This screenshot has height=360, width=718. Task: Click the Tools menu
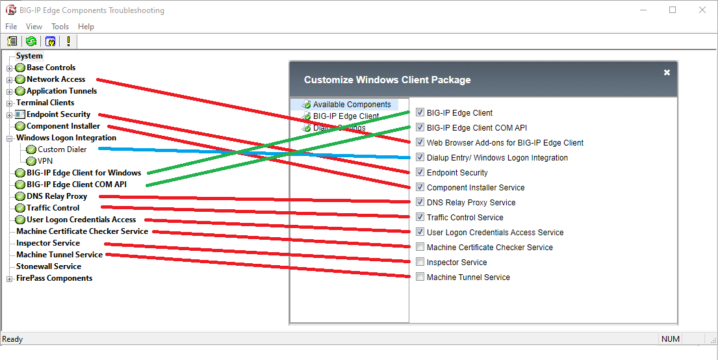coord(60,27)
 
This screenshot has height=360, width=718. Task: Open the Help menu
coord(86,27)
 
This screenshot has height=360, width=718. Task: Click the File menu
coord(11,27)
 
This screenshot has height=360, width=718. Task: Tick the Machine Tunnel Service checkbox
coord(420,277)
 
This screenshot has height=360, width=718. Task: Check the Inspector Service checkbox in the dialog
coord(420,263)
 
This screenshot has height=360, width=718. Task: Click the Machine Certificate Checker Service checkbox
coord(420,248)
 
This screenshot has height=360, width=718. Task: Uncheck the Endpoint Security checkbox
coord(420,173)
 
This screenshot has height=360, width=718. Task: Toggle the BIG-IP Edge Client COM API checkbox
coord(420,128)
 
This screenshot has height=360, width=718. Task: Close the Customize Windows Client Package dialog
coord(667,73)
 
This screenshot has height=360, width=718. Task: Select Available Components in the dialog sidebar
coord(352,105)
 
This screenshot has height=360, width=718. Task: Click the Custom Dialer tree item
coord(62,149)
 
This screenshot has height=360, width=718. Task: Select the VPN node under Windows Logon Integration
coord(45,161)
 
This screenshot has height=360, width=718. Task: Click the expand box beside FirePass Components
coord(10,279)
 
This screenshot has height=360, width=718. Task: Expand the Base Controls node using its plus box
coord(10,68)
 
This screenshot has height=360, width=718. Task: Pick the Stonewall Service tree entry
coord(49,266)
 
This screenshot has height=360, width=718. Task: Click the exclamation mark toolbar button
coord(68,42)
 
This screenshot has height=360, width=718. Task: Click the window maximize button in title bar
coord(673,10)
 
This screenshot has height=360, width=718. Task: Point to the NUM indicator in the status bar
coord(670,339)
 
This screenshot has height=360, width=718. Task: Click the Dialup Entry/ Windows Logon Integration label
coord(497,158)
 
